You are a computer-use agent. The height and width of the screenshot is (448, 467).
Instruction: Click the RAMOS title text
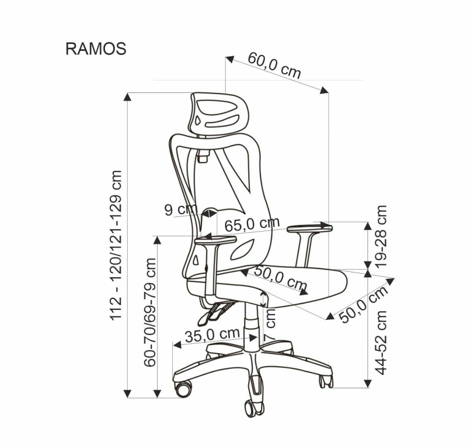tap(96, 49)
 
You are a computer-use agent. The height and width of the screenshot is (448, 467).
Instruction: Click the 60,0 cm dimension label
tap(274, 66)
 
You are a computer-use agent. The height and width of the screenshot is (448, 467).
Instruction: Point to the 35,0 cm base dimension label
tap(212, 335)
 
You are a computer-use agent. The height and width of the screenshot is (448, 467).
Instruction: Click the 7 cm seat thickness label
tap(270, 325)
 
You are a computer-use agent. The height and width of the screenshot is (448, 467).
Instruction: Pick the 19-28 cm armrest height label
tap(381, 236)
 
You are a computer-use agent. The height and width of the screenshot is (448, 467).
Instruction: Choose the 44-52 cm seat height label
tap(381, 343)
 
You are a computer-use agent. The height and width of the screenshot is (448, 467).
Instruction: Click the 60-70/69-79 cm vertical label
tap(150, 312)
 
